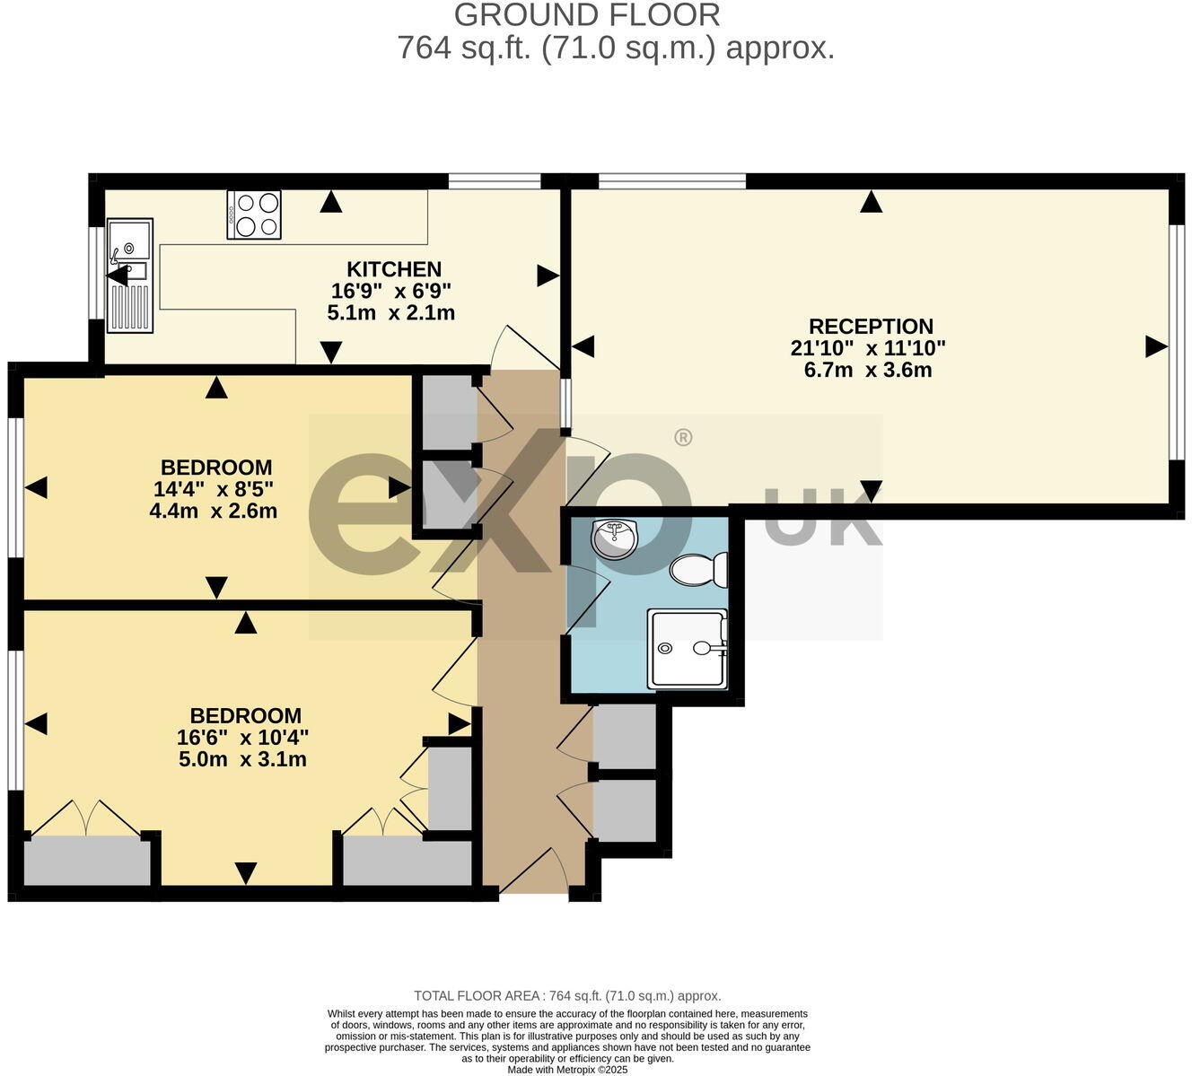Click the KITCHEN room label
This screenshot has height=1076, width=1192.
pyautogui.click(x=394, y=269)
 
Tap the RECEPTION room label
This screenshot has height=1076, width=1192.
pyautogui.click(x=871, y=327)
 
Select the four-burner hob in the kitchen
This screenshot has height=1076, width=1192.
pyautogui.click(x=254, y=214)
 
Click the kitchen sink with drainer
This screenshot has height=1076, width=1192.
pyautogui.click(x=130, y=276)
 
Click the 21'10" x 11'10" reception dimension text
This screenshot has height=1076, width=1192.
pyautogui.click(x=868, y=348)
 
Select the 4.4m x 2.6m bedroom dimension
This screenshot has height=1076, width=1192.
pyautogui.click(x=213, y=512)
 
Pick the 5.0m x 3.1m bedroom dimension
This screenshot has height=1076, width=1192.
pyautogui.click(x=242, y=760)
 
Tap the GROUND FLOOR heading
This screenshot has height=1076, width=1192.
pyautogui.click(x=587, y=15)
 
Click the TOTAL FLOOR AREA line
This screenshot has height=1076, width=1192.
pyautogui.click(x=567, y=995)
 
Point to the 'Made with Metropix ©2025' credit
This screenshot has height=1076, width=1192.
pyautogui.click(x=567, y=1070)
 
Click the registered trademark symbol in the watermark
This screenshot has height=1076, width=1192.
pyautogui.click(x=683, y=438)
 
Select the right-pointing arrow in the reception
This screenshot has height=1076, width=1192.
pyautogui.click(x=1156, y=346)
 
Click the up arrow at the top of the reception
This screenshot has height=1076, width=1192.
pyautogui.click(x=870, y=202)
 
